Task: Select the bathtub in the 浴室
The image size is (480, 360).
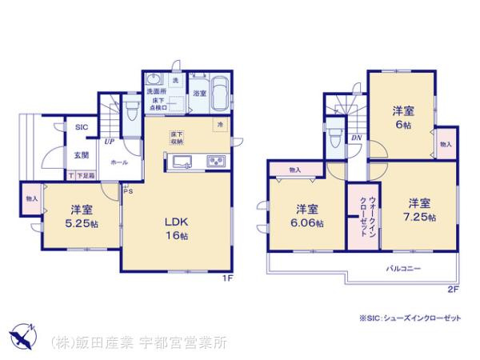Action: click(x=219, y=89)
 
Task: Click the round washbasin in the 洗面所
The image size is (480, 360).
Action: click(x=154, y=79)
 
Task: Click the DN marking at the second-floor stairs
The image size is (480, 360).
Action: click(x=356, y=138)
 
